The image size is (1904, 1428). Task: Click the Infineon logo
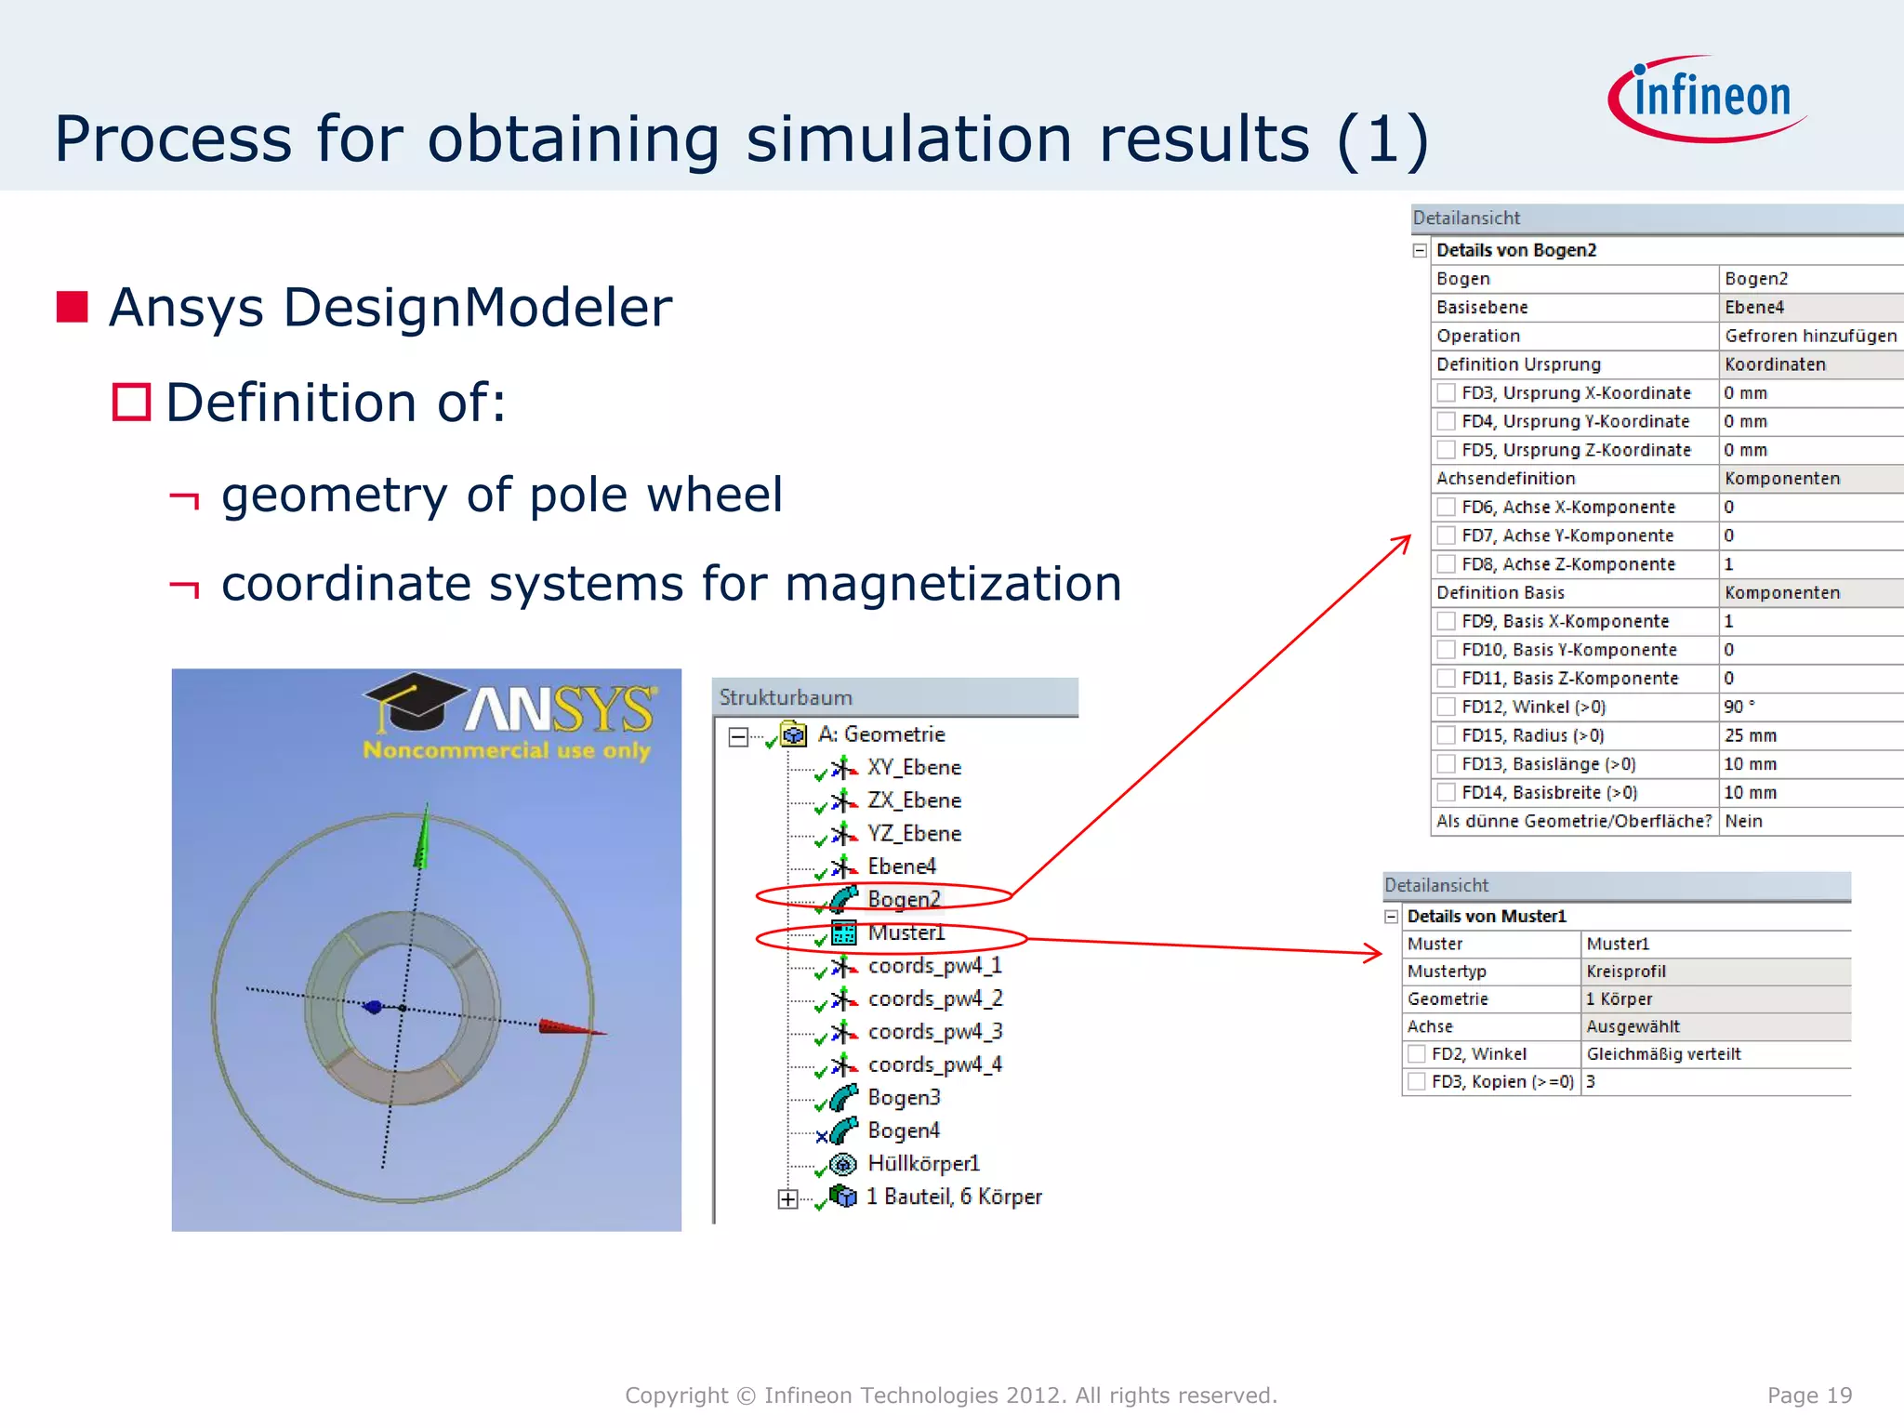[1708, 99]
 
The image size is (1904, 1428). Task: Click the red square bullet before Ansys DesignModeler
[72, 307]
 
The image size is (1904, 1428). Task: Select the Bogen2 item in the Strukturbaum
[903, 899]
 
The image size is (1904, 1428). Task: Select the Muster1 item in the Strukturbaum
[906, 932]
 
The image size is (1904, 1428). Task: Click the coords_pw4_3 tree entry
[934, 1032]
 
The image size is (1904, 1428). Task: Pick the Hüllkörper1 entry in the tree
[923, 1164]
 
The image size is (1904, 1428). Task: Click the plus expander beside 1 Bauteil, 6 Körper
[787, 1199]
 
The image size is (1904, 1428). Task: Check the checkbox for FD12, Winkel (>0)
[1446, 707]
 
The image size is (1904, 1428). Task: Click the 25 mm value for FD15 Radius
[1750, 735]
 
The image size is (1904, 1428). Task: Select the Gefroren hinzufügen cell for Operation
[1809, 336]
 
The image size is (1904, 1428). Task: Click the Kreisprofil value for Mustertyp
[1626, 972]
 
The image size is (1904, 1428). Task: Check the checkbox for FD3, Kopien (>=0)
[1417, 1081]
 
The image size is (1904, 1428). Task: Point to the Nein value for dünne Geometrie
[1743, 821]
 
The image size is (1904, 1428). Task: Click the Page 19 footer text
[1808, 1395]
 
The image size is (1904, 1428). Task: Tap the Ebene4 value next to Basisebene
[1754, 308]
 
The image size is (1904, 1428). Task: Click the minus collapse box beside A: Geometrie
[738, 736]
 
